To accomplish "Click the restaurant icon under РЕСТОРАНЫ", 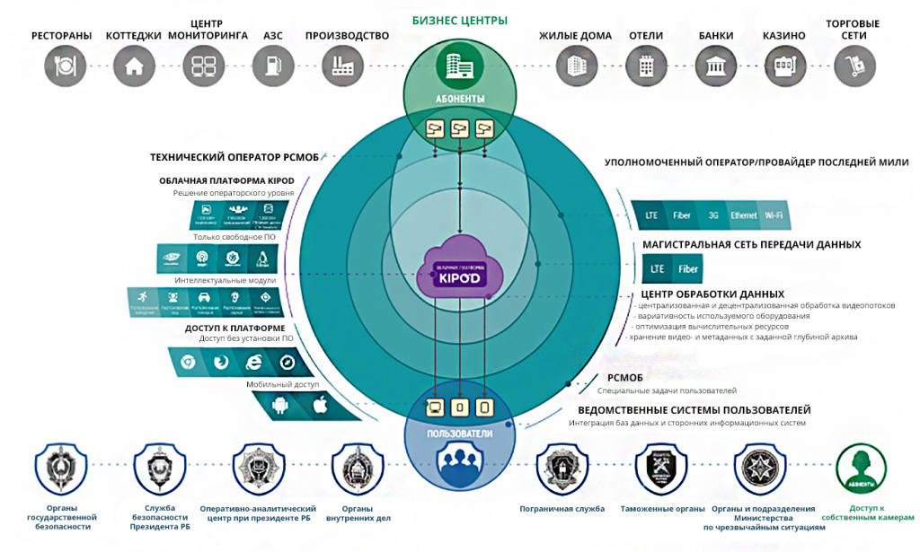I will coord(62,65).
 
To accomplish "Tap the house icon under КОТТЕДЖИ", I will coord(134,65).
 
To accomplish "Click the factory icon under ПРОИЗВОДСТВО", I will coord(347,65).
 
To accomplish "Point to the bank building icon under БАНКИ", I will coord(716,65).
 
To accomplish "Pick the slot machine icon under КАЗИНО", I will coord(783,65).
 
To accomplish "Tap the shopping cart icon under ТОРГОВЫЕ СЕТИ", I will coord(854,65).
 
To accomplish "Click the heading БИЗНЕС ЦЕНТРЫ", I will coord(459,20).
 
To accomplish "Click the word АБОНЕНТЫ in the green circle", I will coord(459,98).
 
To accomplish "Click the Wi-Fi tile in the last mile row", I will coord(773,215).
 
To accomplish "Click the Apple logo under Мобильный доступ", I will coord(317,406).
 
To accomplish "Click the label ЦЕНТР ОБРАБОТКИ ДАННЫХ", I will coord(712,294).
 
